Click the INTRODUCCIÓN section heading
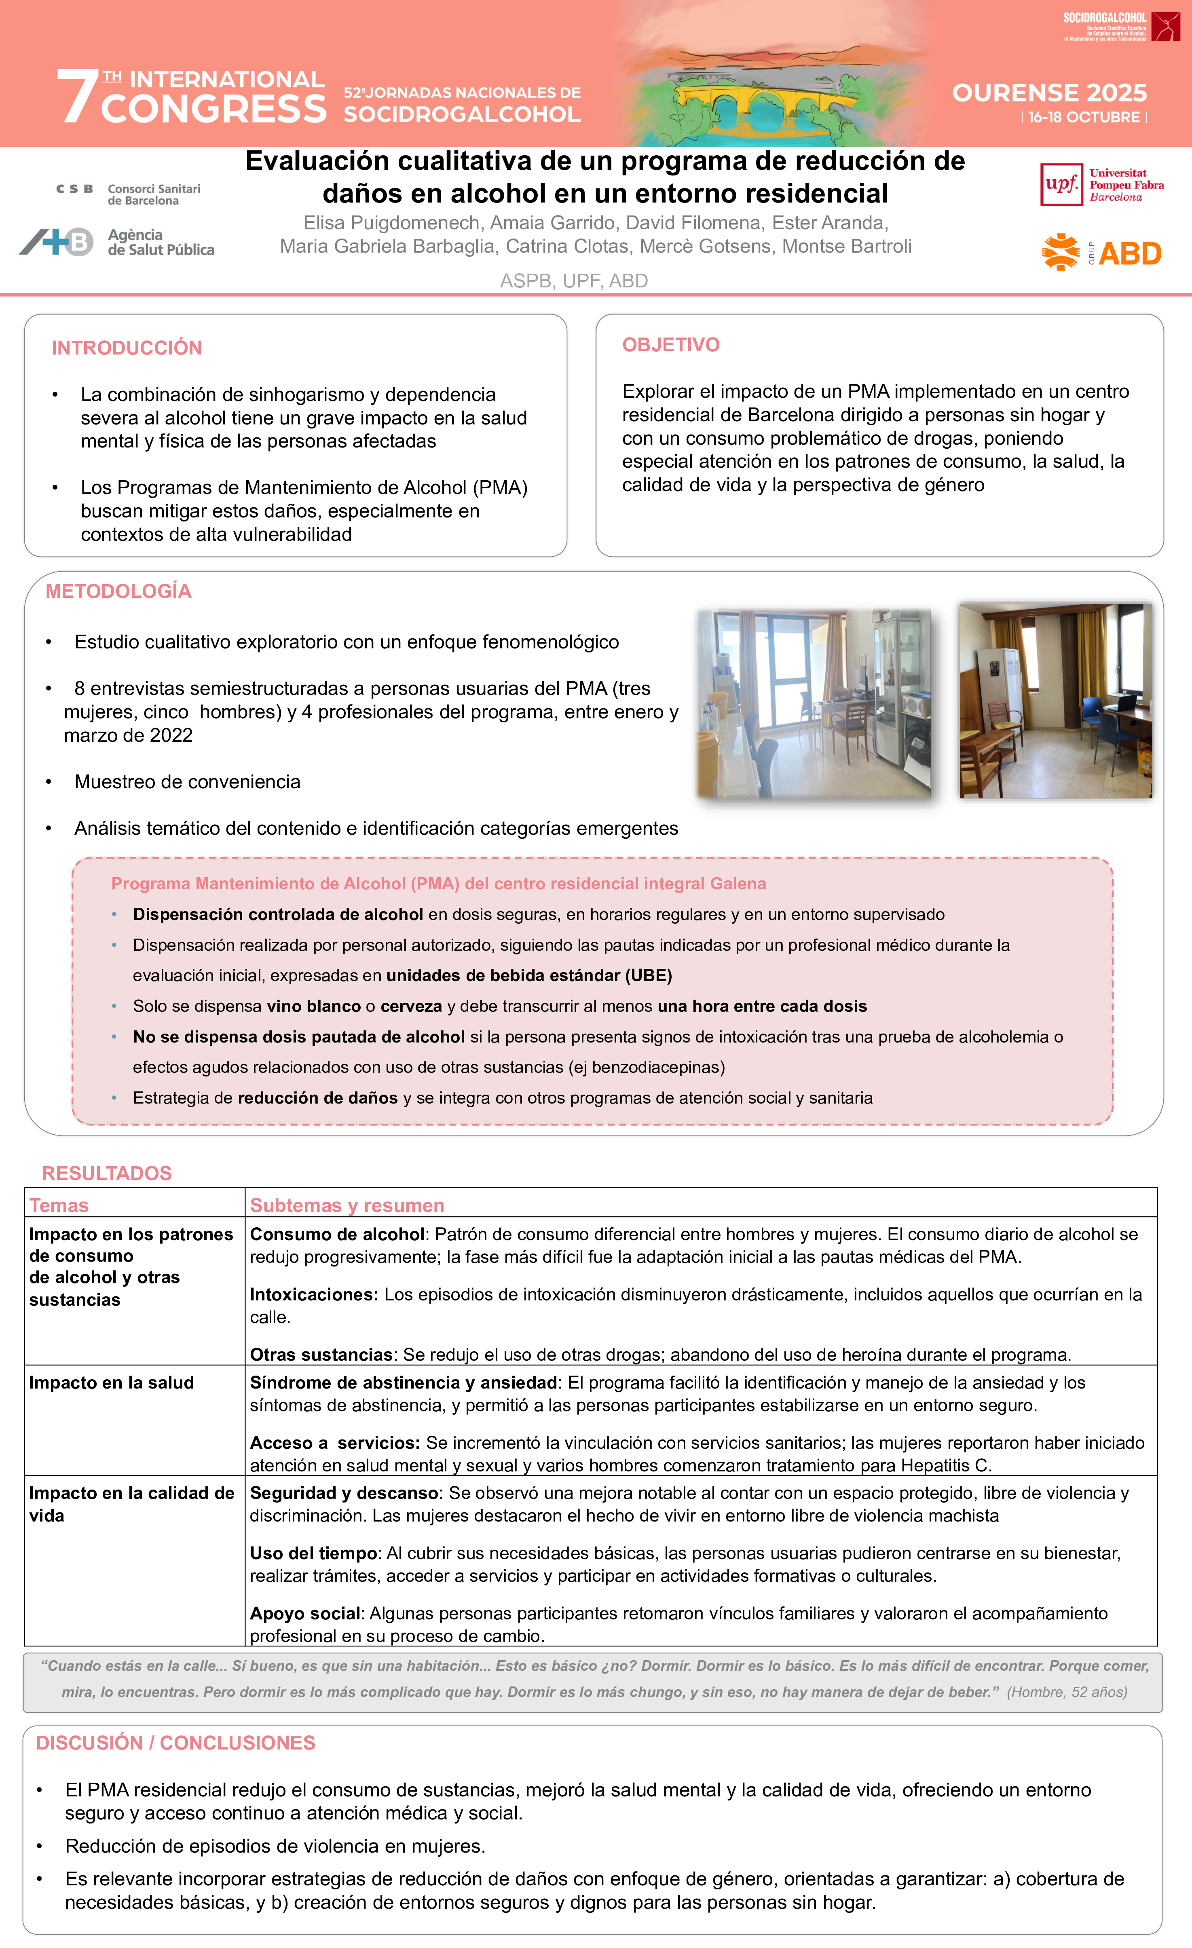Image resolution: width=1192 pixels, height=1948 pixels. (127, 348)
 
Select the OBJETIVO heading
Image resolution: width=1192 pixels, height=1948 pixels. (671, 345)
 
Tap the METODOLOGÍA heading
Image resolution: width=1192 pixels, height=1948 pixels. (118, 591)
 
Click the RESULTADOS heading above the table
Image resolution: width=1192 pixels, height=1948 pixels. (107, 1173)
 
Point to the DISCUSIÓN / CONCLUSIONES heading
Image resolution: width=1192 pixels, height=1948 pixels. (175, 1743)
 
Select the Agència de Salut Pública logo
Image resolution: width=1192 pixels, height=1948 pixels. (117, 242)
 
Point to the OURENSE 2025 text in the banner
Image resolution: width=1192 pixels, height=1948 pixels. (1049, 93)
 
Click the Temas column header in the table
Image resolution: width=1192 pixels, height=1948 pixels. (59, 1206)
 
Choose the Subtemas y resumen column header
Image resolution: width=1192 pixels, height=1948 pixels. (347, 1206)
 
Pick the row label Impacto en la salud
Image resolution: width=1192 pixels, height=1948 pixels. (112, 1383)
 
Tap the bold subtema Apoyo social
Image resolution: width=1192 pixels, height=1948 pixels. (305, 1614)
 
